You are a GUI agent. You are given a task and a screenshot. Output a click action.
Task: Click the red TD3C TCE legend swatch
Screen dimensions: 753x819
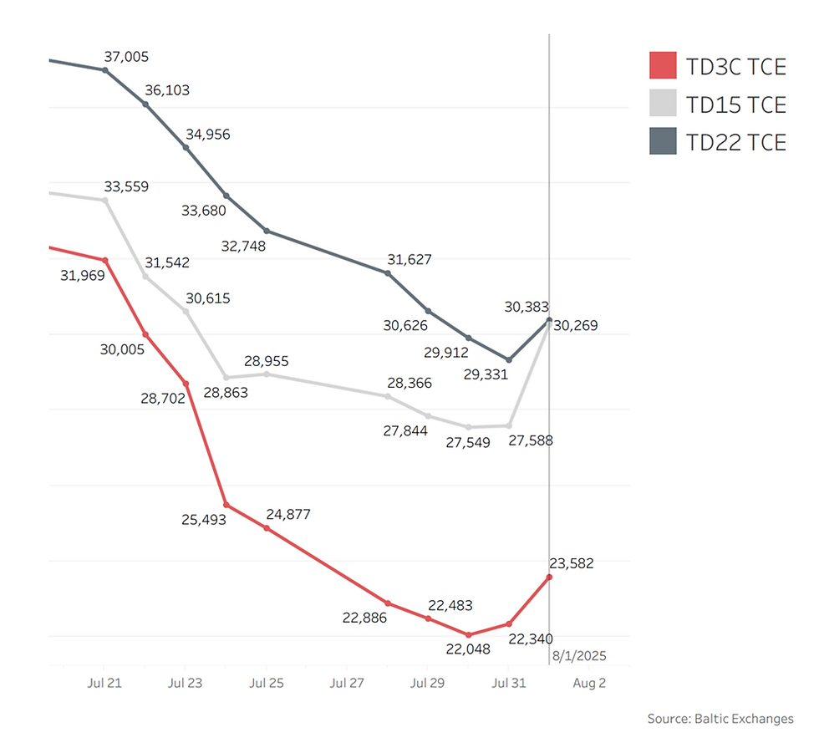[663, 65]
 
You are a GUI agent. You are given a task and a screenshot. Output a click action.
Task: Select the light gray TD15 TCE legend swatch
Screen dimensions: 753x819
[663, 104]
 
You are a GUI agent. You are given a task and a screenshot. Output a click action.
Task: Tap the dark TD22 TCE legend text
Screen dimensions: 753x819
[735, 142]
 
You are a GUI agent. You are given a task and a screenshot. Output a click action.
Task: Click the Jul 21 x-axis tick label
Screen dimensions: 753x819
[104, 683]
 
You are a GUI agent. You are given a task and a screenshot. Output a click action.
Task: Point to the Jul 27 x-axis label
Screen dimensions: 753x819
[347, 683]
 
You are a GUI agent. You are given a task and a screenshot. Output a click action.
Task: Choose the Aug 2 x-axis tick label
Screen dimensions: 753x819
[589, 683]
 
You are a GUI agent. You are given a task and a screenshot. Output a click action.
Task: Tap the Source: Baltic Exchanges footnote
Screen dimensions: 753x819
[720, 719]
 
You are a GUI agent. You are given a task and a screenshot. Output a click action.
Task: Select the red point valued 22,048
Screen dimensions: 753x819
[469, 635]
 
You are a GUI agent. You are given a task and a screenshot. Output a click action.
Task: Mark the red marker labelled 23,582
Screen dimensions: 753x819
[549, 577]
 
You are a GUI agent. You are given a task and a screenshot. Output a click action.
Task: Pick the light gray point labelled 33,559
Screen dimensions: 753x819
[105, 201]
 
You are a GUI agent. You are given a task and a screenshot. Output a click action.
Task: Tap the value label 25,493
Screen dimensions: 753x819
[204, 519]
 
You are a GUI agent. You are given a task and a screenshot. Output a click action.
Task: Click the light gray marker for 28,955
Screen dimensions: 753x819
[267, 374]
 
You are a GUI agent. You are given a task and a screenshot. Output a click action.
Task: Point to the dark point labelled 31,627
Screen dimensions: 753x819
[389, 273]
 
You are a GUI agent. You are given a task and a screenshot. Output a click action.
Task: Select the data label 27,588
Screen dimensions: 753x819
[531, 440]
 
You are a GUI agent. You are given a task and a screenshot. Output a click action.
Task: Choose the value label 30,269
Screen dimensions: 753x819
[576, 325]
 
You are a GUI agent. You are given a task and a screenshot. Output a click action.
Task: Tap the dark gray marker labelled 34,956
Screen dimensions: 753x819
[186, 147]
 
